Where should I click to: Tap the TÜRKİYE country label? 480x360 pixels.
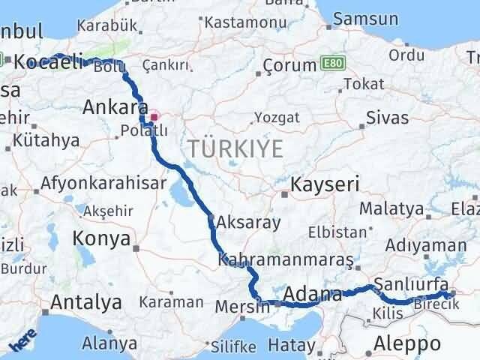[235, 148]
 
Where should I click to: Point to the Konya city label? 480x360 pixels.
[102, 238]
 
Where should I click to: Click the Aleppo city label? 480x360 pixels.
[405, 343]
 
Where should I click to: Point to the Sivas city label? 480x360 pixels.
[388, 118]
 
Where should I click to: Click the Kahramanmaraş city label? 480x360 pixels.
[285, 259]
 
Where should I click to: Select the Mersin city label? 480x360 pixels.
[241, 306]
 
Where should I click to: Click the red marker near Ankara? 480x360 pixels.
[154, 116]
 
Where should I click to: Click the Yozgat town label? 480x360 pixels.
[277, 118]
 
